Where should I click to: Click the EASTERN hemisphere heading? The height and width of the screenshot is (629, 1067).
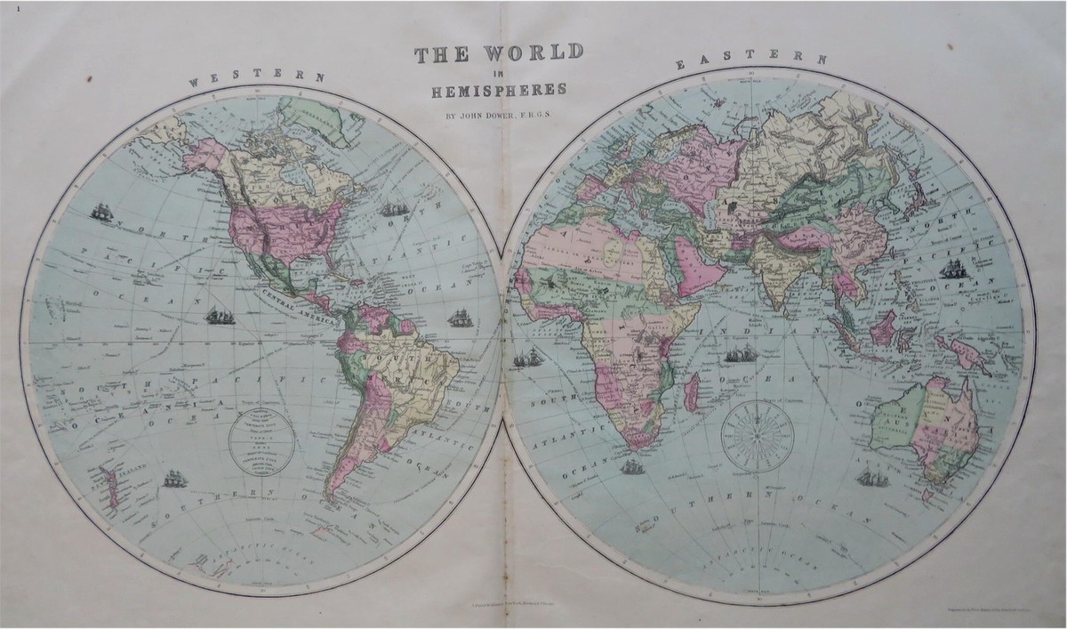pyautogui.click(x=752, y=60)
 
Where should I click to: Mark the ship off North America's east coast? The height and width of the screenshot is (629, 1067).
pyautogui.click(x=393, y=211)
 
